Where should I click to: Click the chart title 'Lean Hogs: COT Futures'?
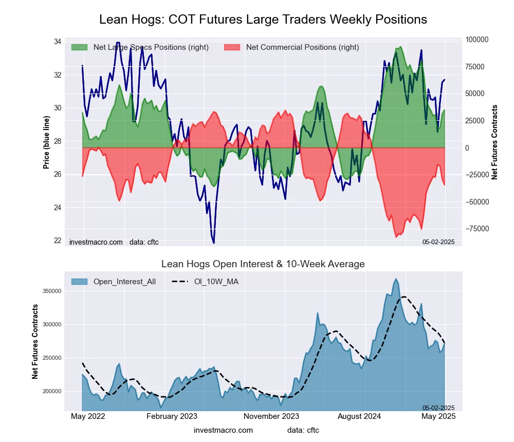263,20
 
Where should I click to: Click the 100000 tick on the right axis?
477,40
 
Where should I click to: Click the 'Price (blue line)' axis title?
47,143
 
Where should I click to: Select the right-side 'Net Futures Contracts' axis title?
495,142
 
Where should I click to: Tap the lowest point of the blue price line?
213,243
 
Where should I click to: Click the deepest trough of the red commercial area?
396,237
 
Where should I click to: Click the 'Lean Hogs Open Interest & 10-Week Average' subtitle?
263,264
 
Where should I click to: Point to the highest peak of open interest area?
396,279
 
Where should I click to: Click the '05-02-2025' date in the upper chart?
438,242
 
